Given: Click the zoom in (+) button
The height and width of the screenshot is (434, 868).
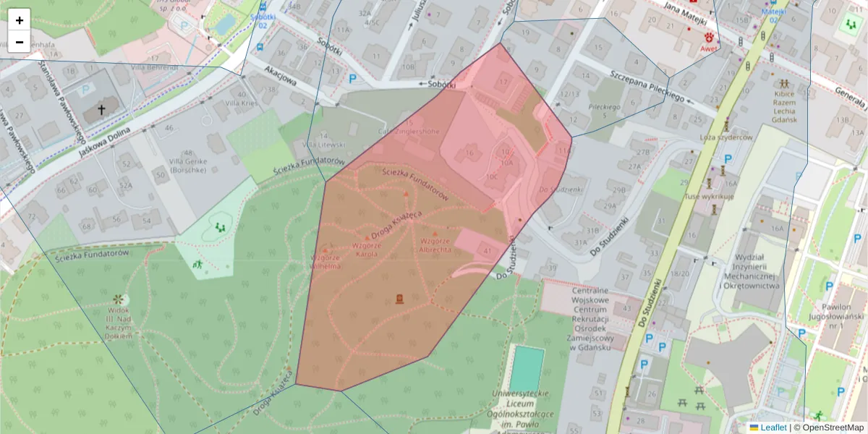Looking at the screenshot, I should click(19, 20).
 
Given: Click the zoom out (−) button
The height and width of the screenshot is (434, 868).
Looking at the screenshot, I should click(19, 42).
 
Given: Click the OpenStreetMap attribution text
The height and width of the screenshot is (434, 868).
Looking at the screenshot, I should click(829, 427).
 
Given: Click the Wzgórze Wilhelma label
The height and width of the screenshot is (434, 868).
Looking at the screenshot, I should click(325, 262).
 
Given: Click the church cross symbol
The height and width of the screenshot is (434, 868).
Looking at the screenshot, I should click(101, 110).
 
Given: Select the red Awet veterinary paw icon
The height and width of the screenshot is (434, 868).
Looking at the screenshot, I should click(709, 37).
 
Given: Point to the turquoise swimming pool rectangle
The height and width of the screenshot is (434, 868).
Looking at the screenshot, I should click(526, 367).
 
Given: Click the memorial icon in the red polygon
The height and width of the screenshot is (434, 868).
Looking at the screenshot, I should click(399, 299).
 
